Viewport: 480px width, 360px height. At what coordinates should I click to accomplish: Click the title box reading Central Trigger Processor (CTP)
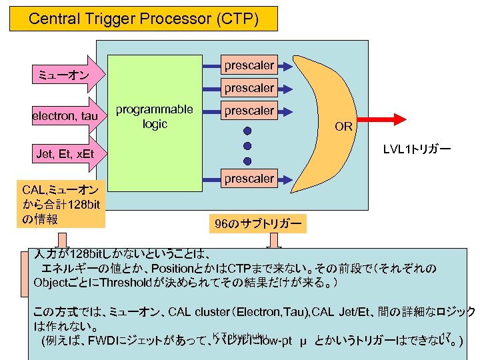point(143,19)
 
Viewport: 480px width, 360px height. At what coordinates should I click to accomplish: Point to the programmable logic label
point(154,117)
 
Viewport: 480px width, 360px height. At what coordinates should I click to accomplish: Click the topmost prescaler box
point(249,65)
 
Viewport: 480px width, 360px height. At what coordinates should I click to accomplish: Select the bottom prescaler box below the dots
point(249,179)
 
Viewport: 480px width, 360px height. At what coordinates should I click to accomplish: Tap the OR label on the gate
point(343,127)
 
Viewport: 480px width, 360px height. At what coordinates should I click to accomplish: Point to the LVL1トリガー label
point(417,149)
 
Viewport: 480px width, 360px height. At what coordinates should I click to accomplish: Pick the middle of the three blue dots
point(247,146)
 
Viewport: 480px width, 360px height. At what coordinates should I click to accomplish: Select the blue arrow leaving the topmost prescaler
point(285,65)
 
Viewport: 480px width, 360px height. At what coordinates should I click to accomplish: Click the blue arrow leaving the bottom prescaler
point(285,179)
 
